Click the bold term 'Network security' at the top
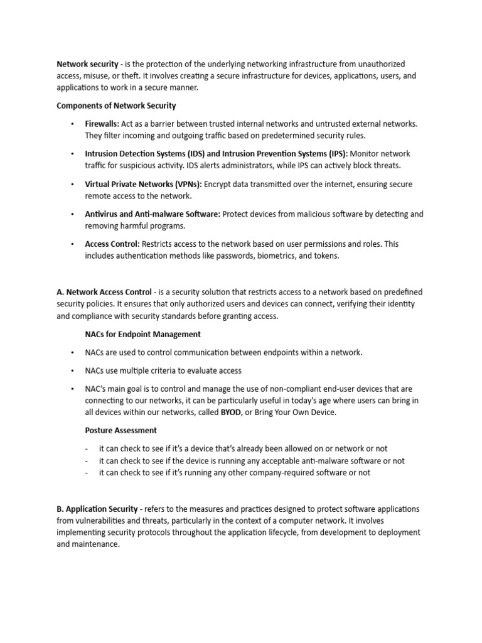point(87,64)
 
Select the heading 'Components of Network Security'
point(116,105)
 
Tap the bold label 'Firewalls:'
point(102,124)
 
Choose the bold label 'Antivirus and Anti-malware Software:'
point(153,214)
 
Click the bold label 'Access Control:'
point(112,244)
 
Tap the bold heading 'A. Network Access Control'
point(104,292)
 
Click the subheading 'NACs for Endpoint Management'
point(143,334)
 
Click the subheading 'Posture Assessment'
point(121,431)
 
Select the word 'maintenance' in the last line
point(96,544)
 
